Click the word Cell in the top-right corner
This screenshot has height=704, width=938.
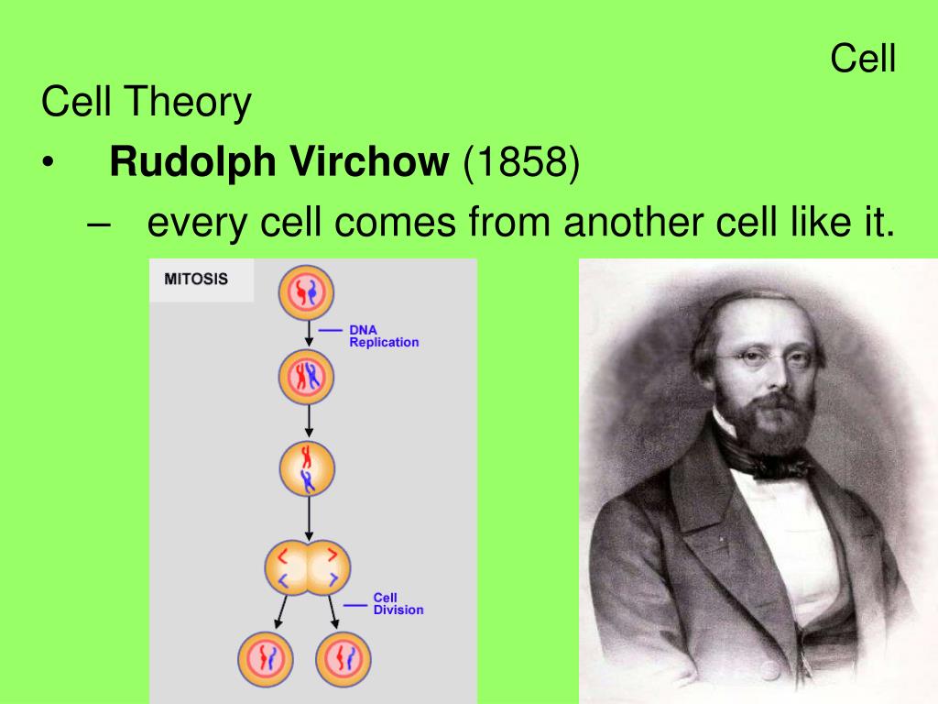tap(863, 59)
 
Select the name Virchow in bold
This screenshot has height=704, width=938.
tap(369, 161)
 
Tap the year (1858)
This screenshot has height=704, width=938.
tap(521, 162)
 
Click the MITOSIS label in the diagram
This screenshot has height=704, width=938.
tap(196, 279)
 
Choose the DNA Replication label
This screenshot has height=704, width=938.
tap(384, 335)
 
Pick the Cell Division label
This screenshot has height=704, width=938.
tap(398, 603)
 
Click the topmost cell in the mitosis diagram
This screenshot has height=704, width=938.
tap(306, 292)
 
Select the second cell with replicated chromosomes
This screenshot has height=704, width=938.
tap(306, 377)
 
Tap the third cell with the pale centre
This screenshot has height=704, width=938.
tap(308, 468)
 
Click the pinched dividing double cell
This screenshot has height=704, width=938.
tap(308, 567)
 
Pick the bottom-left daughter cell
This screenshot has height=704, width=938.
tap(266, 659)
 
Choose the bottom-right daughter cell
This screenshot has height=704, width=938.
tap(344, 659)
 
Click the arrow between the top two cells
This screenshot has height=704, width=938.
tap(309, 334)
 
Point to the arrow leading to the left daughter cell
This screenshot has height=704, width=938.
tap(281, 611)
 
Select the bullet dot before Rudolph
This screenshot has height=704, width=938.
tap(48, 162)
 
